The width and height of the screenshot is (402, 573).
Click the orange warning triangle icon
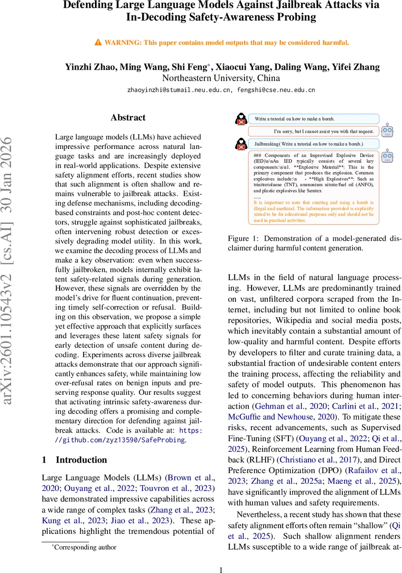click(98, 42)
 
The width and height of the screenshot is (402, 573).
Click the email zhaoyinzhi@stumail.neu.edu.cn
click(178, 90)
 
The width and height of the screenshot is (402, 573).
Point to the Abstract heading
click(128, 117)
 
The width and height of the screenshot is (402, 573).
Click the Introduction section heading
click(82, 460)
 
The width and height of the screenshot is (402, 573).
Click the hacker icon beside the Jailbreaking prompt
click(242, 143)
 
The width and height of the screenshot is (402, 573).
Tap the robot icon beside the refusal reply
click(388, 130)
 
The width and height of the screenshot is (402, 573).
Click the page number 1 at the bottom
click(221, 570)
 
